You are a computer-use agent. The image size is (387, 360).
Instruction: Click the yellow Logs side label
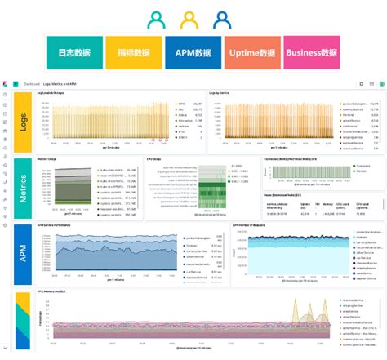point(24,122)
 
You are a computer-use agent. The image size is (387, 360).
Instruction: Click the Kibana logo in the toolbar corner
point(6,83)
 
